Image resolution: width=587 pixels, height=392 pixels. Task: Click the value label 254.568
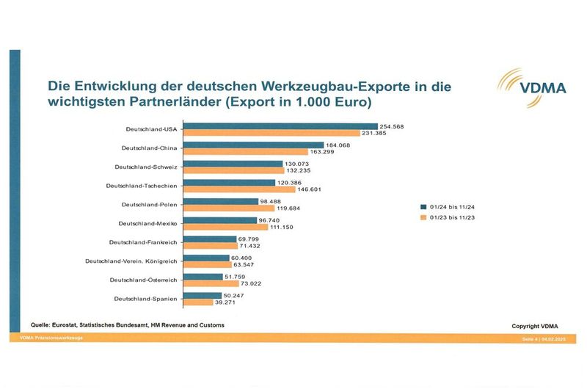tap(392, 126)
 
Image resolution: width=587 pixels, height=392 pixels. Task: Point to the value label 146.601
tap(310, 189)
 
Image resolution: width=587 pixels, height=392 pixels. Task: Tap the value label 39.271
tap(223, 302)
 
